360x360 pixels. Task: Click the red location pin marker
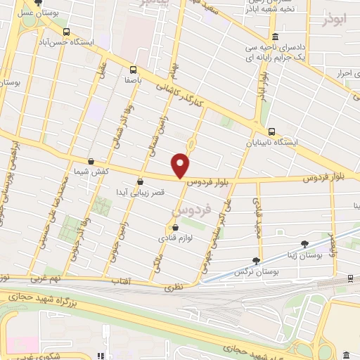click(x=181, y=165)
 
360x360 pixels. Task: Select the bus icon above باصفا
click(x=133, y=70)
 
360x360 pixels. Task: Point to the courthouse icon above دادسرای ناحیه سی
click(x=274, y=37)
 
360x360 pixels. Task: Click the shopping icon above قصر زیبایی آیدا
click(x=141, y=181)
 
